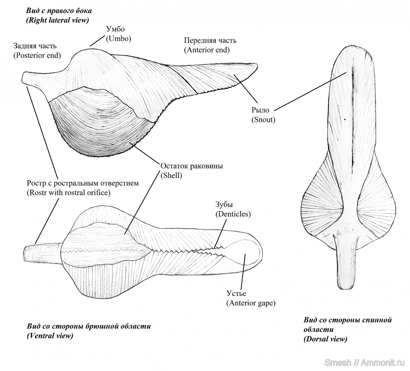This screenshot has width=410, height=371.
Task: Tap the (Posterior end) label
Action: [x=37, y=55]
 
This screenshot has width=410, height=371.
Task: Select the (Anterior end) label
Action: [x=207, y=50]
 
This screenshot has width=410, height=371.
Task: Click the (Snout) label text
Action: [x=263, y=120]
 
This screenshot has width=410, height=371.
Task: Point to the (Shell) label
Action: [x=171, y=175]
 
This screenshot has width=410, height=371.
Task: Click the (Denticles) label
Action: [x=233, y=214]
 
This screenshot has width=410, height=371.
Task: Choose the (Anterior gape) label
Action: [x=251, y=303]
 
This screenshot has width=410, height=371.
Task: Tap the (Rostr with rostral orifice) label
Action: [x=68, y=192]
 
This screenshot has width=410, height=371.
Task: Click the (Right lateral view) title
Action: [x=57, y=20]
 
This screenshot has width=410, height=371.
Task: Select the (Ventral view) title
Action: [x=50, y=336]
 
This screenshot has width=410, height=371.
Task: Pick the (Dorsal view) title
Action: [x=325, y=339]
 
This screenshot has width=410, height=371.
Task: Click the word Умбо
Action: [x=115, y=29]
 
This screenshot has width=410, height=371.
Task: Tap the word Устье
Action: [x=236, y=293]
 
